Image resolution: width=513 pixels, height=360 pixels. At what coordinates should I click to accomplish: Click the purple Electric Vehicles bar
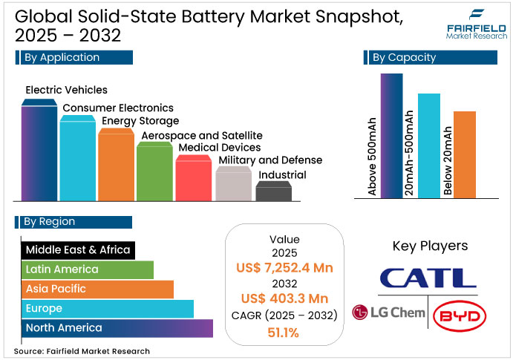tap(39, 152)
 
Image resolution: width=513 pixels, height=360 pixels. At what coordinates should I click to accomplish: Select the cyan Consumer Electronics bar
tap(78, 160)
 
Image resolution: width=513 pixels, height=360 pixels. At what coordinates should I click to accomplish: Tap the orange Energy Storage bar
tap(116, 165)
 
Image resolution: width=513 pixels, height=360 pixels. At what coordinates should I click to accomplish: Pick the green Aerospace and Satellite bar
tap(154, 172)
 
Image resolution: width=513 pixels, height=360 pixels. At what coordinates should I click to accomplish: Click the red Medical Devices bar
tap(193, 179)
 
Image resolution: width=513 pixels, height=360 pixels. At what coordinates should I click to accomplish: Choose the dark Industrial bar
tap(273, 192)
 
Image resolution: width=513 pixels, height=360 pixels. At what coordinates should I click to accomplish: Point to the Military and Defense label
tap(270, 160)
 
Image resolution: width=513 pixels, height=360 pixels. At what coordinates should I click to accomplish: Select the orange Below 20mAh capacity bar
tap(464, 154)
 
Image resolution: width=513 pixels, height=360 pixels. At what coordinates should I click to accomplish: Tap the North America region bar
tap(117, 327)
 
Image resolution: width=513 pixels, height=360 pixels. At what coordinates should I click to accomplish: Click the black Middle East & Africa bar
tap(77, 249)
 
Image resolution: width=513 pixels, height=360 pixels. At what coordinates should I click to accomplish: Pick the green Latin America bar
tap(87, 269)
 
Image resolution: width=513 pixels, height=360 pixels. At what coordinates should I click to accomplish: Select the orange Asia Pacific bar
tap(97, 289)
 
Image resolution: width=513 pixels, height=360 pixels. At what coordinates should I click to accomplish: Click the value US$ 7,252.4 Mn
tap(284, 266)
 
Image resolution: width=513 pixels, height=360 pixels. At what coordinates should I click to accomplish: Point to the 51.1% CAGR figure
tap(284, 333)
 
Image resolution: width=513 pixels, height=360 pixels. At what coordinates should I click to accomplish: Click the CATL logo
tap(428, 278)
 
